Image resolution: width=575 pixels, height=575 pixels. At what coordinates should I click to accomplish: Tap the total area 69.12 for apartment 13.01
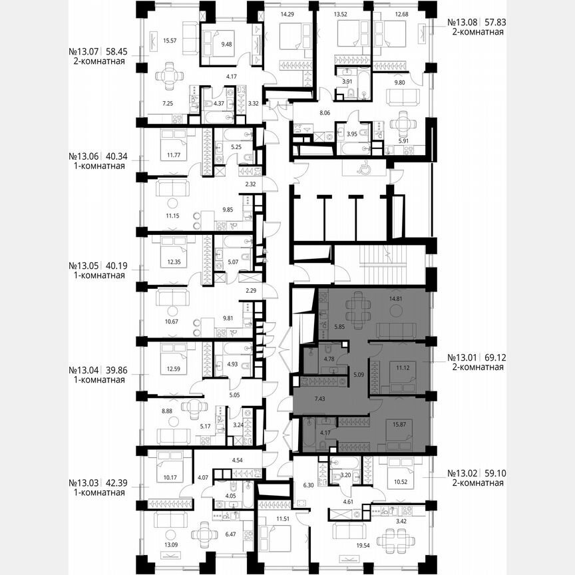(495, 357)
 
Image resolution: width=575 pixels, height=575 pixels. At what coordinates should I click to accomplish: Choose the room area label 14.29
(288, 13)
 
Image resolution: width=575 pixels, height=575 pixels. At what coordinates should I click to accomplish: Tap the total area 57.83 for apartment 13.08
(495, 21)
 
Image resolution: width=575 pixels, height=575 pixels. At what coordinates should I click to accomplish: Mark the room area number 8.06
(325, 114)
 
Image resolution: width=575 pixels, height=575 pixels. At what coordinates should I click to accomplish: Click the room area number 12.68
(402, 13)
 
